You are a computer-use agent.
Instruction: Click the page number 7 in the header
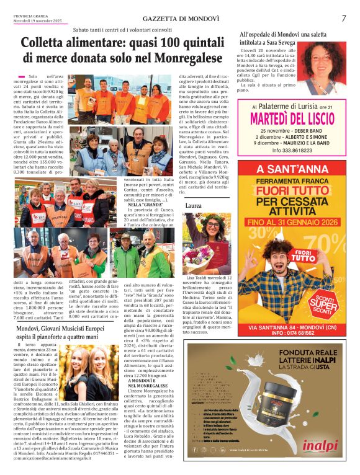point(343,19)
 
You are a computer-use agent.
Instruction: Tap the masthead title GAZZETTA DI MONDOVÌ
point(179,19)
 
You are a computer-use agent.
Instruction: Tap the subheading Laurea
point(194,204)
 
